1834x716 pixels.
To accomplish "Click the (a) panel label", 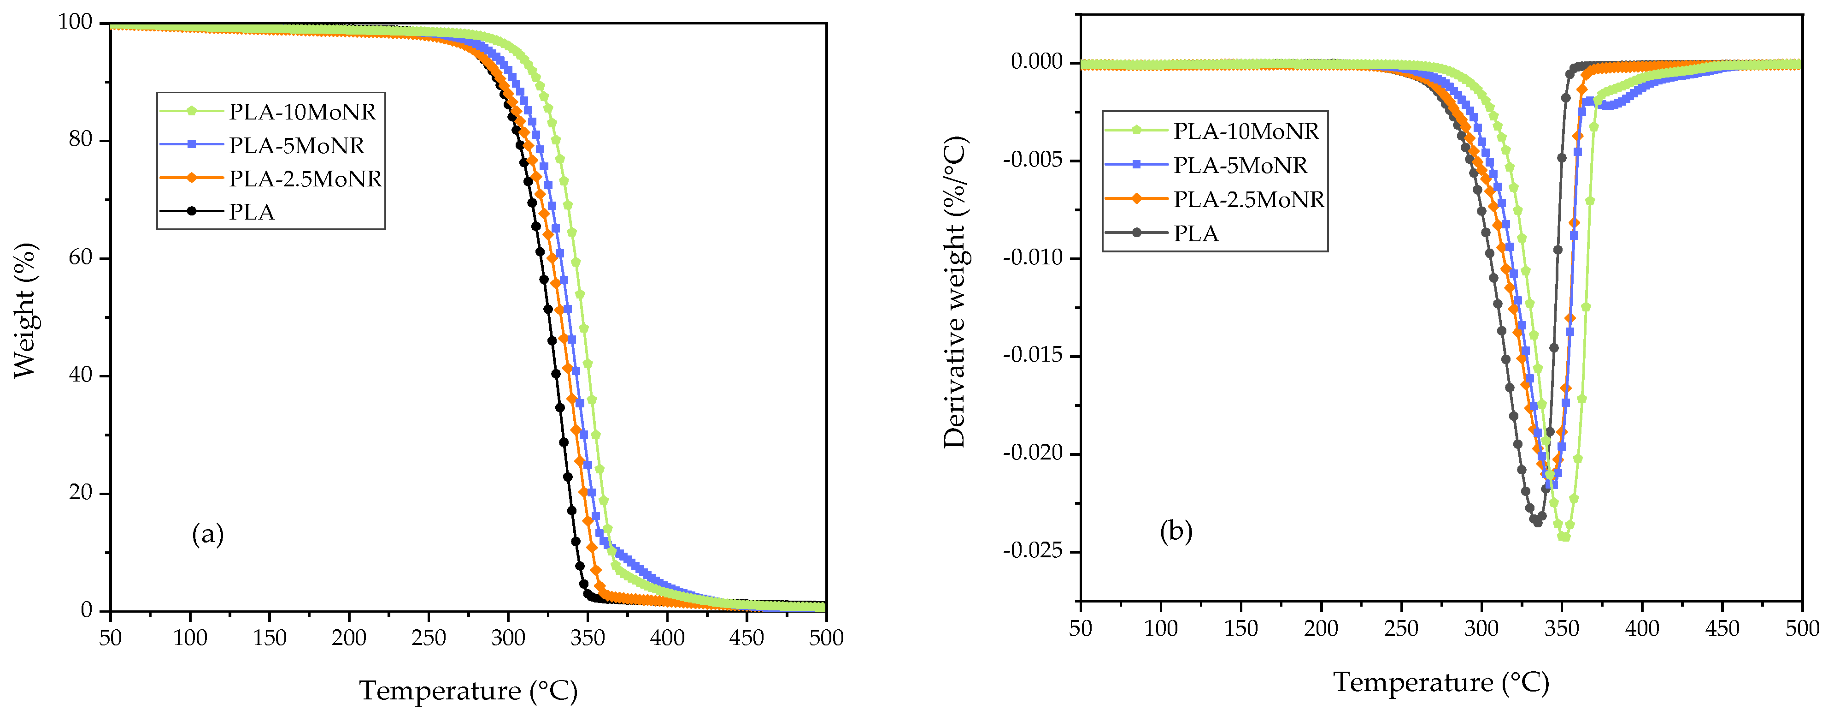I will [208, 534].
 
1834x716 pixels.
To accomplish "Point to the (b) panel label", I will [1176, 531].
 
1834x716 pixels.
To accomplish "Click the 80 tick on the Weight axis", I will [81, 140].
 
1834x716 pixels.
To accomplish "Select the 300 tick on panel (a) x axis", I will [508, 638].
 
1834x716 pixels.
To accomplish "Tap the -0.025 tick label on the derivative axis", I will [1032, 551].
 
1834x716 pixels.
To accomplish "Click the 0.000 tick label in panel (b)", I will [1037, 62].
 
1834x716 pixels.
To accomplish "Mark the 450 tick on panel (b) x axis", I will [1722, 628].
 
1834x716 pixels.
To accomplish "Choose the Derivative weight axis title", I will [955, 292].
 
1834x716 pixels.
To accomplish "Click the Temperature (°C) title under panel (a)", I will [468, 690].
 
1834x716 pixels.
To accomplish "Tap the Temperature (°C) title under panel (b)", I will [1441, 682].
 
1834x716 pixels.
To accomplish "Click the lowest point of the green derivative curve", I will [1564, 537].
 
